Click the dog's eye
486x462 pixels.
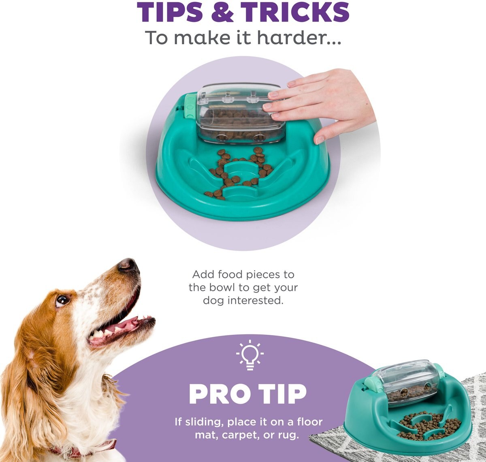pyautogui.click(x=62, y=300)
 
